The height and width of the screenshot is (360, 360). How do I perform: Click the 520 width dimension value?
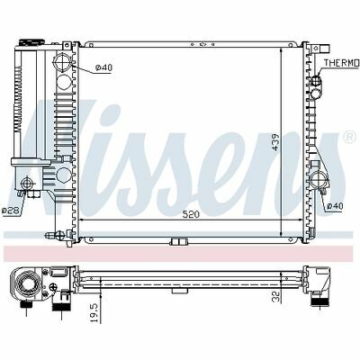coord(191,214)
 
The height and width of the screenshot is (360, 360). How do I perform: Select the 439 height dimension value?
coord(274,142)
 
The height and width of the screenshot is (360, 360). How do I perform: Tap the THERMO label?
coord(342,63)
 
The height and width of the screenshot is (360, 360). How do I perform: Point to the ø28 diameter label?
coord(11,211)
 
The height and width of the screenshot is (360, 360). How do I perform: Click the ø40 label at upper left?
coord(103,68)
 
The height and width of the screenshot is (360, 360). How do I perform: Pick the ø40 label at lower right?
coord(335,206)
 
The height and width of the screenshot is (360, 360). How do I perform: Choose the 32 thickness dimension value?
coord(276,296)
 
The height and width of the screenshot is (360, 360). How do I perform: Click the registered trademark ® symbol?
coord(349,137)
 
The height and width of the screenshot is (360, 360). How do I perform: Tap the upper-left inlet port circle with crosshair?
coord(62,62)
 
